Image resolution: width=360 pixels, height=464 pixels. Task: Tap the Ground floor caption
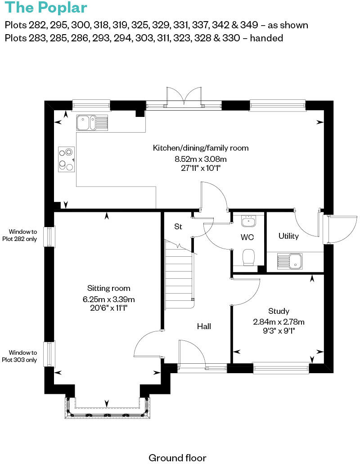[177, 458]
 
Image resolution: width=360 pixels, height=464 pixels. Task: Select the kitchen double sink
[92, 122]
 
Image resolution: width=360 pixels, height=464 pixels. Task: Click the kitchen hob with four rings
[66, 160]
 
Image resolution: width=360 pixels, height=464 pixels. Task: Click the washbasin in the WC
[248, 222]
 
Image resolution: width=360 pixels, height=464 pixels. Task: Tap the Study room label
[279, 311]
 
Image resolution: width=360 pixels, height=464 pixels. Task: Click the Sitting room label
[108, 288]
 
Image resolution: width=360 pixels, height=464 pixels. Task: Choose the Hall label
[204, 326]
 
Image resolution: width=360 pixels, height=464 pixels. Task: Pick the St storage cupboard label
[178, 227]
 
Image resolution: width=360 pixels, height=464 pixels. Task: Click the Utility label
[288, 236]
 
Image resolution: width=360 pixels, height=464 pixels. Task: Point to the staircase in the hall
[179, 274]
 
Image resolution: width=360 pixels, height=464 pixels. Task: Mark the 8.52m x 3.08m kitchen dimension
[200, 159]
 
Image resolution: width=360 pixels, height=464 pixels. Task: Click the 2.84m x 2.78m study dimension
[279, 322]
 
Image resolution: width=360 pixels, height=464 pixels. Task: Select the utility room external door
[340, 229]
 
